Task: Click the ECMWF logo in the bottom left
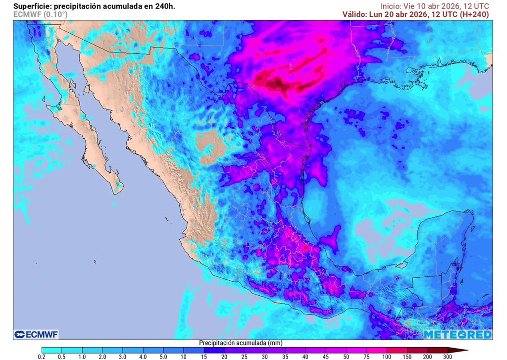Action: click(x=37, y=335)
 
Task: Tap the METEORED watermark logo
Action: click(x=457, y=335)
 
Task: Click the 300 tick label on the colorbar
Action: click(x=448, y=357)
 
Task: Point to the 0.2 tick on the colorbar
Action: click(x=42, y=357)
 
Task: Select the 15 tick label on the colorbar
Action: click(x=204, y=357)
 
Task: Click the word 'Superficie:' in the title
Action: click(x=32, y=6)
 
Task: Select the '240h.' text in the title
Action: click(x=163, y=6)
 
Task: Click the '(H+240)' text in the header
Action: click(x=474, y=14)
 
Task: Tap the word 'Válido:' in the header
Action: click(x=355, y=14)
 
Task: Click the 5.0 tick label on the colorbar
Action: click(x=163, y=357)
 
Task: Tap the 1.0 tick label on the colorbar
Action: click(x=82, y=357)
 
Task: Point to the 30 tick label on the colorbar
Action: click(x=265, y=357)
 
